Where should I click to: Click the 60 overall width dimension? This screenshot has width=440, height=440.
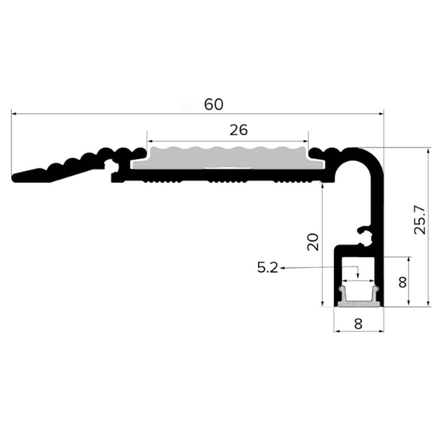tap(213, 104)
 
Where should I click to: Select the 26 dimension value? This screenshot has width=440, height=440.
tap(238, 131)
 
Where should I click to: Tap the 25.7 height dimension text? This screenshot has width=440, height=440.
tap(420, 220)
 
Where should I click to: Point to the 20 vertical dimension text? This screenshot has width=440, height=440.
tap(312, 242)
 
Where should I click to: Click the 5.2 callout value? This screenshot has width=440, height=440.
tap(268, 268)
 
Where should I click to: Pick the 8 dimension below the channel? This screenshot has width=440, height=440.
tap(359, 324)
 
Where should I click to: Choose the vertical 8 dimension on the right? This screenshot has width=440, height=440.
tap(403, 282)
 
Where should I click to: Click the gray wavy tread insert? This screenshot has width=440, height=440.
tap(228, 158)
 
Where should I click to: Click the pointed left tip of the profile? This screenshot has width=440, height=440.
tap(12, 178)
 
